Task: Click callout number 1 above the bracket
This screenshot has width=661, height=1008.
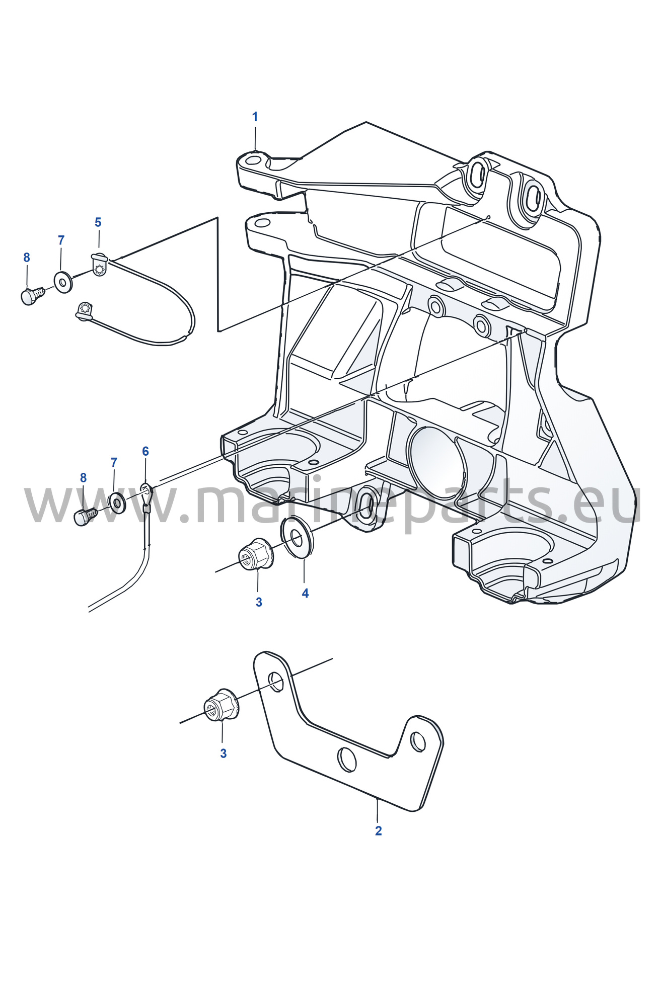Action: click(255, 117)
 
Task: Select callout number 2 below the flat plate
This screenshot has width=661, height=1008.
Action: click(379, 830)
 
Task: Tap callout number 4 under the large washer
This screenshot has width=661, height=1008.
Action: click(305, 594)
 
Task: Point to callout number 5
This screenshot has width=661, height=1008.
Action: click(98, 222)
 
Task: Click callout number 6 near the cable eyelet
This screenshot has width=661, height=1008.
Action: click(145, 451)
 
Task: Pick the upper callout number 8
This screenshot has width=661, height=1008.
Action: click(27, 258)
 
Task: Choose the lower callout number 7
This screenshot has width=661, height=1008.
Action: click(114, 462)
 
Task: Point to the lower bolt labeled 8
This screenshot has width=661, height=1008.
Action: click(86, 516)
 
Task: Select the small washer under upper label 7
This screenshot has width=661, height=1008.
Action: click(63, 282)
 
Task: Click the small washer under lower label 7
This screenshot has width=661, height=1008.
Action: click(117, 502)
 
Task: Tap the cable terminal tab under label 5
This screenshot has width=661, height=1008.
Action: click(100, 264)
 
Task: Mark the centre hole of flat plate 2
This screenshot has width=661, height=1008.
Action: click(347, 759)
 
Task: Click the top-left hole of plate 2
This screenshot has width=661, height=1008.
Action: click(275, 682)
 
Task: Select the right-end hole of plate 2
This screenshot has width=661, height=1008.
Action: click(418, 741)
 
